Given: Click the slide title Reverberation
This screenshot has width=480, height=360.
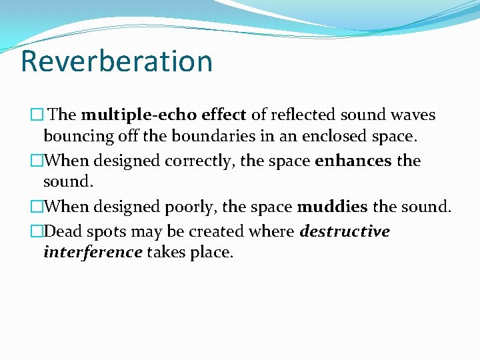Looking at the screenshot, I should coord(117,61).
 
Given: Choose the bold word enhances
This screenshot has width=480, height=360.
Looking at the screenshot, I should coord(353,161).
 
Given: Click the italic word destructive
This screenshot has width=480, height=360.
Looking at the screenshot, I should coord(345,231).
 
